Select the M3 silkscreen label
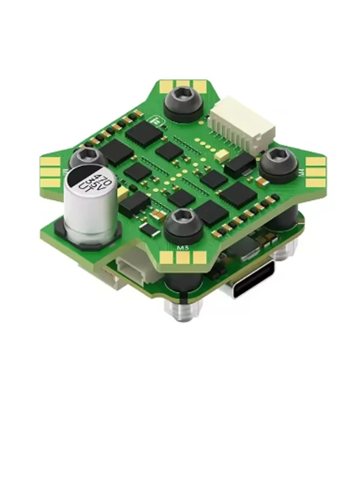tap(182, 248)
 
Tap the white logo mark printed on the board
tap(155, 121)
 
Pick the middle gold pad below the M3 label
tap(183, 259)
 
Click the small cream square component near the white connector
tap(222, 155)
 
